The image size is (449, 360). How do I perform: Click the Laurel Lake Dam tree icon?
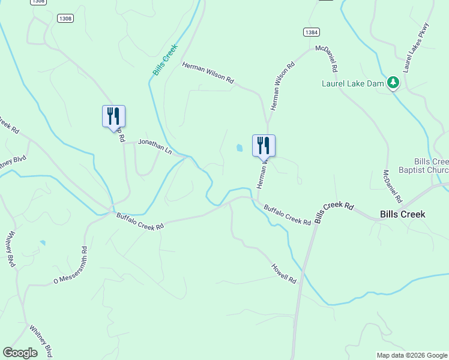point(393,83)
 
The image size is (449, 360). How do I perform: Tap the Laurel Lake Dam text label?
point(352,83)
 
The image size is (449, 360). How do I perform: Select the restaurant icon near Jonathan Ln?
point(113,116)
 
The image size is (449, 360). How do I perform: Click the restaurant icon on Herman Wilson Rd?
point(264,145)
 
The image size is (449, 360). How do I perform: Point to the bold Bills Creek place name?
point(403,214)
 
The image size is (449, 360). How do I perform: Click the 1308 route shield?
point(65,19)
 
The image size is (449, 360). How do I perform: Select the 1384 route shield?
point(311,32)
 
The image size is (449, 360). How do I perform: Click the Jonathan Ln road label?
point(155,146)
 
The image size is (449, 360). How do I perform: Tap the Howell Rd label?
point(284,273)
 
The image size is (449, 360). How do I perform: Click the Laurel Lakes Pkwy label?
point(417,47)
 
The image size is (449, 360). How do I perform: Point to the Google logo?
point(20,353)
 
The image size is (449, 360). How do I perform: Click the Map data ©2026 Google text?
point(411,355)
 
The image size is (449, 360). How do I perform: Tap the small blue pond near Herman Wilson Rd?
point(240,148)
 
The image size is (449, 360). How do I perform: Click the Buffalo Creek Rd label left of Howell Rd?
point(140,221)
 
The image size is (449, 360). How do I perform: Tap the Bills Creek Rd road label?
point(333,211)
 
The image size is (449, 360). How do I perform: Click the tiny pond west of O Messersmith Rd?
point(42,243)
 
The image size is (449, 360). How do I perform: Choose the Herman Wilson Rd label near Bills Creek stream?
point(208,74)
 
